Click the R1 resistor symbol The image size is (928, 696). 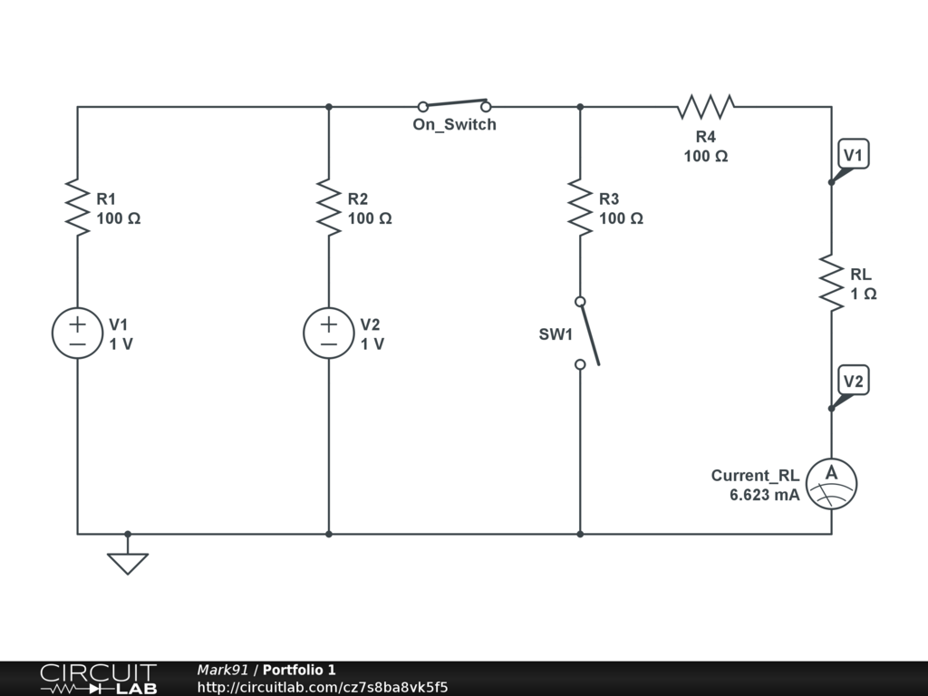click(x=77, y=208)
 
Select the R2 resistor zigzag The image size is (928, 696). click(x=328, y=208)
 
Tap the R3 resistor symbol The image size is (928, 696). click(x=580, y=208)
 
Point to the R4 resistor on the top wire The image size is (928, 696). click(x=706, y=107)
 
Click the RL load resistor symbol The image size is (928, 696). click(x=831, y=283)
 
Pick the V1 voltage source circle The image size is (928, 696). click(x=77, y=333)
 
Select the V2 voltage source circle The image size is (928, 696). click(x=328, y=333)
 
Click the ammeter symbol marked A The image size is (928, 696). click(x=831, y=483)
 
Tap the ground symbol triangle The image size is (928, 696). click(x=127, y=563)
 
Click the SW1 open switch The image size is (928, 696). click(x=586, y=333)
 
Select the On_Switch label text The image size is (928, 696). click(x=454, y=125)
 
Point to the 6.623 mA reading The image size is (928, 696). click(x=764, y=495)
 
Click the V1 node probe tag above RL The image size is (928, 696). click(x=853, y=155)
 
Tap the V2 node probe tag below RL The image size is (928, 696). click(x=853, y=381)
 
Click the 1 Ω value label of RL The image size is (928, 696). click(x=863, y=294)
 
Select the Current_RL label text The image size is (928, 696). click(x=755, y=475)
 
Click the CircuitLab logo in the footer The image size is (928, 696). click(x=98, y=679)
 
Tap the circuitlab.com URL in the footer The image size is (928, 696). click(x=323, y=687)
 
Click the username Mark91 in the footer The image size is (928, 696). click(x=222, y=670)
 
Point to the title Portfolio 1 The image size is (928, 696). click(x=299, y=670)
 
